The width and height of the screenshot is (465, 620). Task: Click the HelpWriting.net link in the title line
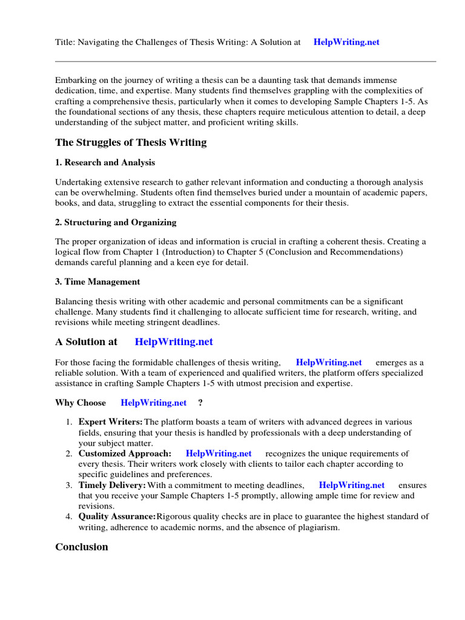tap(346, 42)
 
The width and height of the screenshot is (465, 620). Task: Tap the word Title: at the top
tap(66, 42)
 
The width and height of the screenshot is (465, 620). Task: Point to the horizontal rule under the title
tap(245, 61)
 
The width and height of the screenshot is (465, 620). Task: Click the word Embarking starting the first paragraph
tap(76, 81)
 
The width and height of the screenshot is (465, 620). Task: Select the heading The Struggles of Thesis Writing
tap(131, 142)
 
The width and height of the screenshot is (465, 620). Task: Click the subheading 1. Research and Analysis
tap(105, 162)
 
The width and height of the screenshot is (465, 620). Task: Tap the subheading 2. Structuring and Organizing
tap(116, 222)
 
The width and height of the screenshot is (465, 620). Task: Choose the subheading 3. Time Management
tap(97, 282)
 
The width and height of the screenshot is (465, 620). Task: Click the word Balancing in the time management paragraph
tap(74, 302)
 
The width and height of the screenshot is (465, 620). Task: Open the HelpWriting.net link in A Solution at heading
tap(174, 341)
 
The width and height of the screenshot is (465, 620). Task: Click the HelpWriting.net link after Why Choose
tap(153, 403)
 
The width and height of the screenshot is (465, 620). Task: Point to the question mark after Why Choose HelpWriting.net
tap(200, 403)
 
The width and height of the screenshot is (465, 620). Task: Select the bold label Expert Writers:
tap(111, 421)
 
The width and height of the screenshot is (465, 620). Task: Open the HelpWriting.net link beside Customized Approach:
tap(219, 453)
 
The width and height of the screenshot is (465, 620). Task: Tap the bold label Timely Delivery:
tap(112, 485)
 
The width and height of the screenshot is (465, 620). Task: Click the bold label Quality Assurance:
tap(117, 516)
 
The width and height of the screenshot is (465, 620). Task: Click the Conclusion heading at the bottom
tap(82, 547)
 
